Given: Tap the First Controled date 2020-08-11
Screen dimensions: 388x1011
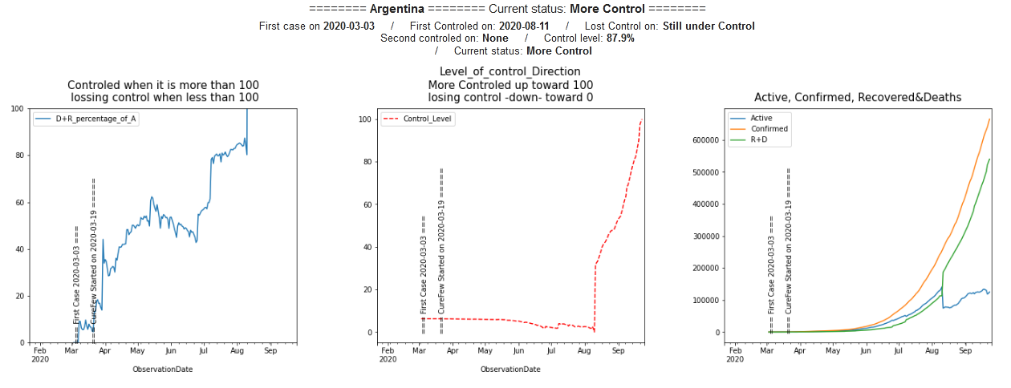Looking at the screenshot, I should (x=520, y=26).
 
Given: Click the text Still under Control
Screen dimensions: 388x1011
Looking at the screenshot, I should (x=709, y=26).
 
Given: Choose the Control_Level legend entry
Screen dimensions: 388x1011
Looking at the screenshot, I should (x=429, y=119).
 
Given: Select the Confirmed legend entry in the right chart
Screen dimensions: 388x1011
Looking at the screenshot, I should (x=769, y=129).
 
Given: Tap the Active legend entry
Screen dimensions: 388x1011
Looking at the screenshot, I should (x=761, y=118).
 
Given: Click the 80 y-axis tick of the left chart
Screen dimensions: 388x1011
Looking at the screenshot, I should (x=17, y=156).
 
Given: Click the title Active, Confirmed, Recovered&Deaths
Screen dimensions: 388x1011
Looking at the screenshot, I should (x=858, y=97).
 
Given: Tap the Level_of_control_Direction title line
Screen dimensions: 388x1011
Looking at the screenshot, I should (x=510, y=72).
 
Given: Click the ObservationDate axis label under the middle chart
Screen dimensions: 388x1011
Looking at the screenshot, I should (x=510, y=370).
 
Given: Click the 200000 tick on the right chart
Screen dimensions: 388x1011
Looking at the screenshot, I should (x=704, y=269).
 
